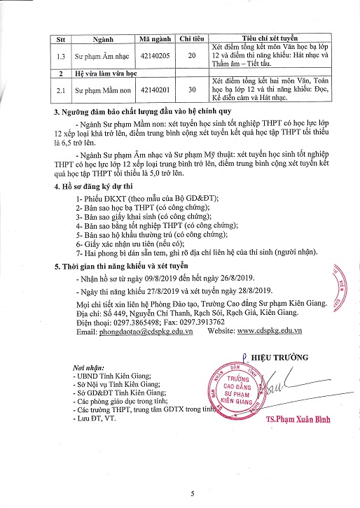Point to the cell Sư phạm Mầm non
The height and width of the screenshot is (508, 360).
coord(96,90)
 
